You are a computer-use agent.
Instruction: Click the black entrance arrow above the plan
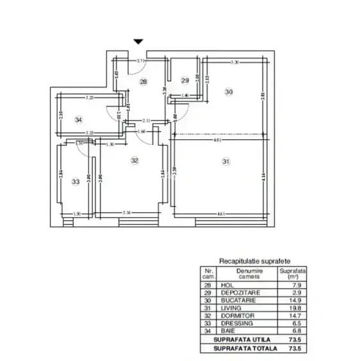point(138,42)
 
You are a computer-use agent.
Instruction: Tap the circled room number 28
point(143,81)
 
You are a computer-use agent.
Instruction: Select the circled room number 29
point(185,80)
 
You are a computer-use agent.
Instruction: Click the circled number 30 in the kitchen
point(229,92)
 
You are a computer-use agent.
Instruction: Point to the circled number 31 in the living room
point(225,162)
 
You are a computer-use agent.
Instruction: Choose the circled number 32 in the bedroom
point(135,160)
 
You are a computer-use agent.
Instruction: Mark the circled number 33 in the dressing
point(76,181)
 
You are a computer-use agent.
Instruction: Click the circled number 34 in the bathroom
point(78,119)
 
